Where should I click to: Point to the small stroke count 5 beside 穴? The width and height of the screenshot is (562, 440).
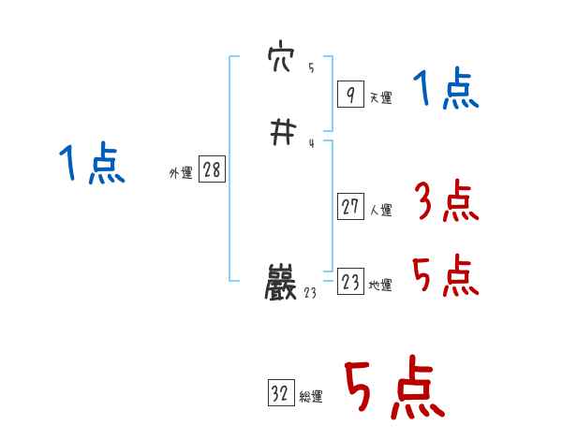[311, 68]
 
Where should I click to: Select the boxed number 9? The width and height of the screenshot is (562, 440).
[349, 94]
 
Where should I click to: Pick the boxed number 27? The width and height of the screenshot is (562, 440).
[350, 206]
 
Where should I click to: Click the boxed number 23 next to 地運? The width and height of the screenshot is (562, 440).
[350, 283]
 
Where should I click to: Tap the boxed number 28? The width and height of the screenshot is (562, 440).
[212, 169]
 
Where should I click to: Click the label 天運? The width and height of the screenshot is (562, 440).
[380, 97]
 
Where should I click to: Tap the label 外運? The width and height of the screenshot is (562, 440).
[181, 173]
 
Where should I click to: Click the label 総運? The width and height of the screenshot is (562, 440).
[311, 397]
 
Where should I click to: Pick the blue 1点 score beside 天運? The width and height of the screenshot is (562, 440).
[445, 91]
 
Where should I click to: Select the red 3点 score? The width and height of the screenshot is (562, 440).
[445, 200]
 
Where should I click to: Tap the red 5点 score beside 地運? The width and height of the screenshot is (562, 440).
[445, 276]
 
